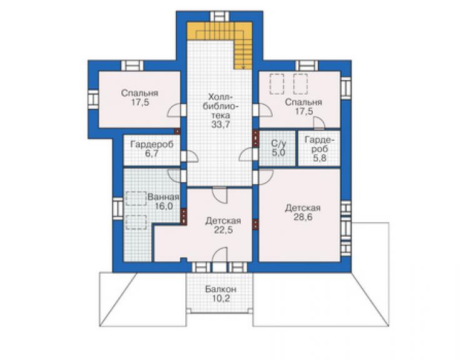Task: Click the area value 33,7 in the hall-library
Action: (220, 125)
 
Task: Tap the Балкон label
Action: (221, 289)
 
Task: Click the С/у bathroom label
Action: (278, 144)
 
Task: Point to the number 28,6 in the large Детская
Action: (303, 217)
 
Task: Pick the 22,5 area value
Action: (223, 230)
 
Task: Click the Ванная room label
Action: (163, 197)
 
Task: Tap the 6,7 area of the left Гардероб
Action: (152, 154)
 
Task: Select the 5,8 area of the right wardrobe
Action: (320, 158)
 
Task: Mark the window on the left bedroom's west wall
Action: (93, 99)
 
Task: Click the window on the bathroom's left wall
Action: (118, 208)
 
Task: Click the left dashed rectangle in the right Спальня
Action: (277, 85)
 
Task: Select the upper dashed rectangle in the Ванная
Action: (136, 198)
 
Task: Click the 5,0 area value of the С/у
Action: (278, 153)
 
